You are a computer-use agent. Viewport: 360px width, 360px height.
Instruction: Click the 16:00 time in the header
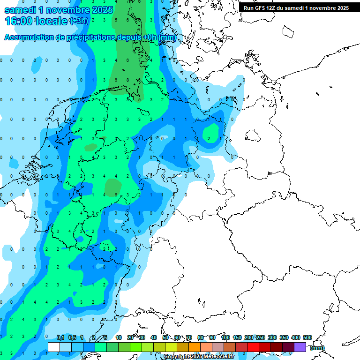pos(18,21)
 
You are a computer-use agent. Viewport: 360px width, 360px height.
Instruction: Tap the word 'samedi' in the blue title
pos(22,9)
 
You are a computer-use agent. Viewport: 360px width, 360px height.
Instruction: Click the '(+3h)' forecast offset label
pos(78,21)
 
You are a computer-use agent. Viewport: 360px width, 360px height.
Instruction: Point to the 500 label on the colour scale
pos(307,338)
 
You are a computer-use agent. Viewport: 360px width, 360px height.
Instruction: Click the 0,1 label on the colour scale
pos(60,338)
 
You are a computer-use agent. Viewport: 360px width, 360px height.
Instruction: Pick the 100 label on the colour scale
pos(225,338)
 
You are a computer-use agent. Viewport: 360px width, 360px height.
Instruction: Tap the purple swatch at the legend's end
pos(300,347)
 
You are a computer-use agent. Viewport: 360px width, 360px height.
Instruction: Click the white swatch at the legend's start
pos(54,347)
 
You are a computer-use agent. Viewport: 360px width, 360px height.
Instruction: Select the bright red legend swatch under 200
pos(253,347)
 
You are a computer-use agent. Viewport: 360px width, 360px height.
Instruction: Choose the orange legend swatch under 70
pos(195,347)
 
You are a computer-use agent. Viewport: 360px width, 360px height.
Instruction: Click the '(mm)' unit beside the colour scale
pos(317,348)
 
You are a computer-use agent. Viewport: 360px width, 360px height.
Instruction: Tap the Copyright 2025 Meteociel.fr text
pos(199,356)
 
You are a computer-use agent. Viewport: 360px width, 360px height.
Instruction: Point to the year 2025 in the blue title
pos(100,9)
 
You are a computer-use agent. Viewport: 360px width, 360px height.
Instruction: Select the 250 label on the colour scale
pos(260,338)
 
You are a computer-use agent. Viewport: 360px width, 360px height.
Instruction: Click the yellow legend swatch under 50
pos(171,347)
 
